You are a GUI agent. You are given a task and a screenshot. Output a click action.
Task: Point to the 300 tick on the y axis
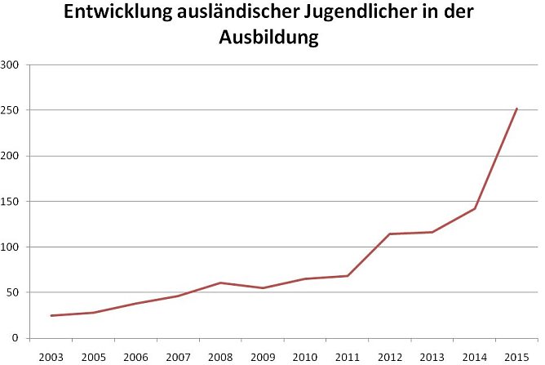point(11,65)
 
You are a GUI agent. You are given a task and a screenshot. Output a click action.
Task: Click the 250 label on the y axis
point(11,110)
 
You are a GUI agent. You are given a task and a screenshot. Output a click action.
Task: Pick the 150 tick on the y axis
point(11,202)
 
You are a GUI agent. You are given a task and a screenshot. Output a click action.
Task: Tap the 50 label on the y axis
point(14,292)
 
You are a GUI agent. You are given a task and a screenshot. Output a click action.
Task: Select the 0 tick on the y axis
point(17,338)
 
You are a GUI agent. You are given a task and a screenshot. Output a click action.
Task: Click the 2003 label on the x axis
point(51,356)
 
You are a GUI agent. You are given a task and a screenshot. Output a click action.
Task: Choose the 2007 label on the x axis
point(178,356)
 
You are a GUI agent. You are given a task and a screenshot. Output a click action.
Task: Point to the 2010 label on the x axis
point(305,356)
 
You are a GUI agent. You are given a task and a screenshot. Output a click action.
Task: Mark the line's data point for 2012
point(390,234)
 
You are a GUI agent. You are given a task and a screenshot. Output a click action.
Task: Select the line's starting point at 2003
point(51,316)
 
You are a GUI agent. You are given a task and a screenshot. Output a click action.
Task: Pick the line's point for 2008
point(220,283)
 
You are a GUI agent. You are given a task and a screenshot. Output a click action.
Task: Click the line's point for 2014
point(475,208)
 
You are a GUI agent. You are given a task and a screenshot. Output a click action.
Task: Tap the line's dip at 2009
point(263,288)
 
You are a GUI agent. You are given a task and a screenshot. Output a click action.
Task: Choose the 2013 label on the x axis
point(432,356)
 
